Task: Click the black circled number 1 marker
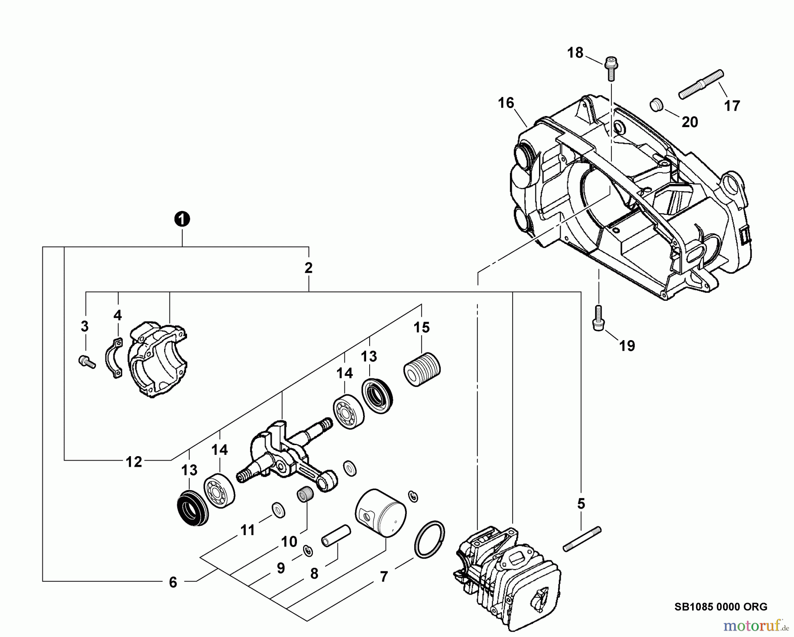182,219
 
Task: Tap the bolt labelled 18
611,68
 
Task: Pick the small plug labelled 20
657,106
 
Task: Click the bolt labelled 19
598,317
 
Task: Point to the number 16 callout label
506,103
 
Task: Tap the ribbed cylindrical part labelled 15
422,369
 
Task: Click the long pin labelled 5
582,538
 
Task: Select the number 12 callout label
134,462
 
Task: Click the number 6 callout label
173,582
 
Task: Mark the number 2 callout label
308,268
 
